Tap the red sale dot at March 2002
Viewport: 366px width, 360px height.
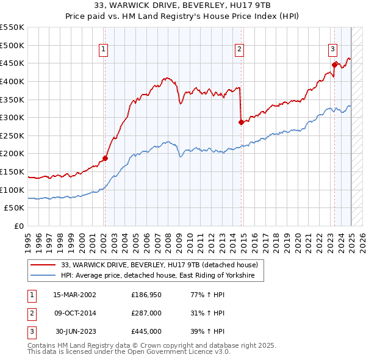pos(105,159)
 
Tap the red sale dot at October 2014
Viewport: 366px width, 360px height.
pos(241,122)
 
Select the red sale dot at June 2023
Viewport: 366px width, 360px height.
pos(334,65)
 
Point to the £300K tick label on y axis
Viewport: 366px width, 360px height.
pos(12,117)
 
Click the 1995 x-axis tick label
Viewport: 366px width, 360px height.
pos(28,240)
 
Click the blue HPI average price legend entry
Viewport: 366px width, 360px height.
pos(162,276)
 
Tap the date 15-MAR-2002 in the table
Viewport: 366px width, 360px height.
pos(74,295)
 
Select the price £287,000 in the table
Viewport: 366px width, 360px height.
pos(146,313)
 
